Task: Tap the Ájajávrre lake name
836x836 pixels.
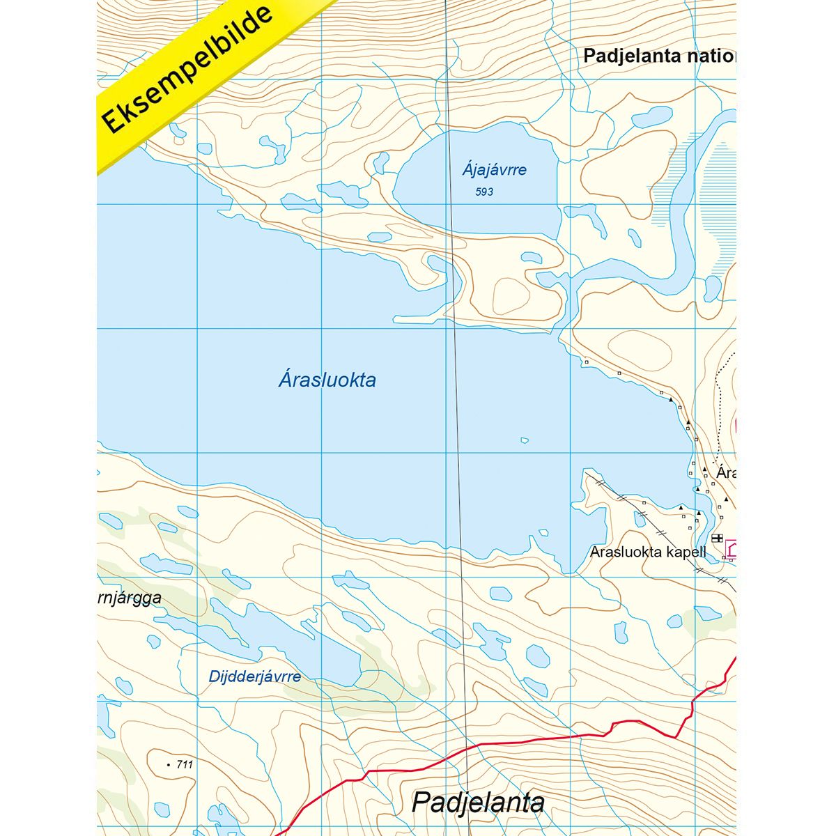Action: (x=494, y=169)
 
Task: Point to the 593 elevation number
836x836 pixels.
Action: (x=484, y=192)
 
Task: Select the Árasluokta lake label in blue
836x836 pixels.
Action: (x=327, y=380)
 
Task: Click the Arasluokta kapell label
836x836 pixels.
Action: (x=648, y=552)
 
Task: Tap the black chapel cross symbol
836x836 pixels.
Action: (x=717, y=538)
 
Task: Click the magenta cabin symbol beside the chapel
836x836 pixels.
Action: (x=731, y=550)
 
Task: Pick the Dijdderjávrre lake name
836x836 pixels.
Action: (x=254, y=676)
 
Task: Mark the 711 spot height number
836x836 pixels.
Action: (x=185, y=764)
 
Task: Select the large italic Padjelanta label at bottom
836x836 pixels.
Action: (x=478, y=802)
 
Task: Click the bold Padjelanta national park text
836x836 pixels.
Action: (x=658, y=56)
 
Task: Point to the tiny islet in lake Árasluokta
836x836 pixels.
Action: (x=525, y=440)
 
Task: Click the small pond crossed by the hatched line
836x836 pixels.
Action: (x=640, y=519)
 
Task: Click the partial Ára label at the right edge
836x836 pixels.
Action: (x=726, y=473)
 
